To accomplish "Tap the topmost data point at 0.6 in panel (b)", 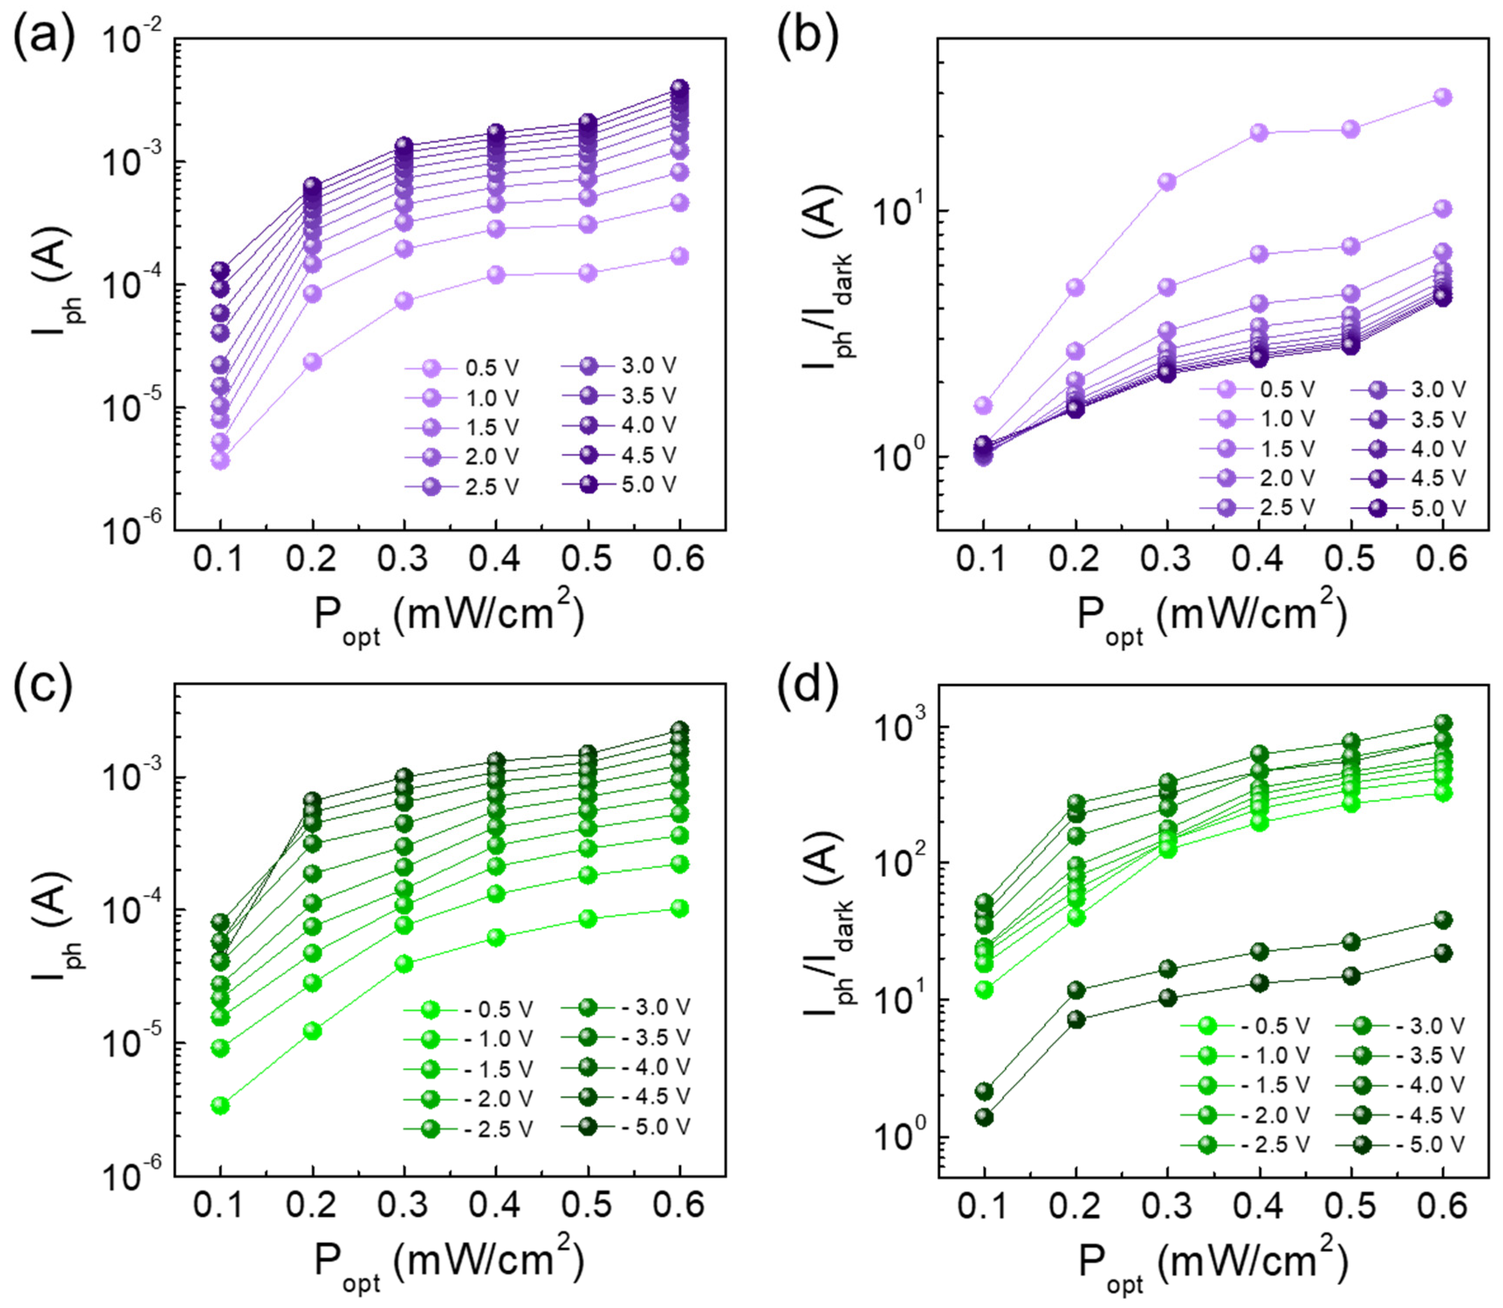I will pos(1442,97).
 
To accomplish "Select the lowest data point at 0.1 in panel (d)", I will pos(984,1117).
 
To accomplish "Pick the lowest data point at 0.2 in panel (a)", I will pos(312,361).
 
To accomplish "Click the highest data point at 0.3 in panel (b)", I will pos(1167,182).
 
